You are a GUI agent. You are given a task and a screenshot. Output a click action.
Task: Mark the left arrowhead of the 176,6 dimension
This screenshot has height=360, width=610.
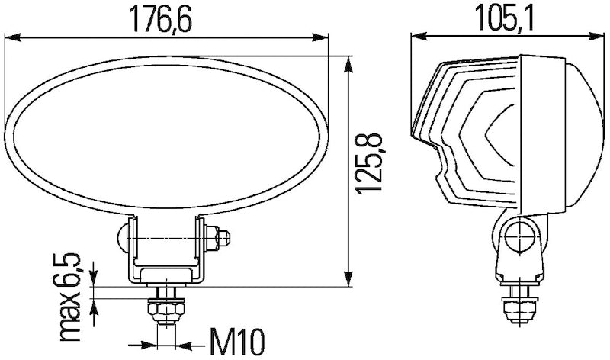point(11,36)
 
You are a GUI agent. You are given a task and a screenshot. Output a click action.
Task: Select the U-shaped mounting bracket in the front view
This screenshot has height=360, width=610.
point(167,259)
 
